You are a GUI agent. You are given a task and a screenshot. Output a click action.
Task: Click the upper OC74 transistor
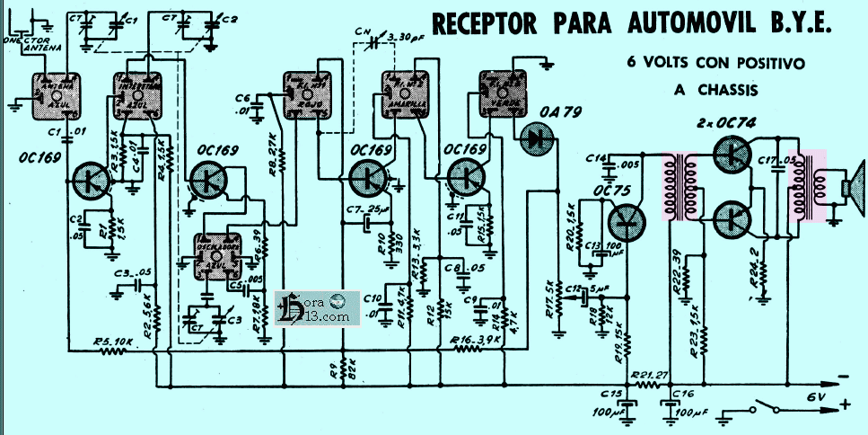point(733,154)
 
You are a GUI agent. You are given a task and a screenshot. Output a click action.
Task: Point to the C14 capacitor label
point(592,158)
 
